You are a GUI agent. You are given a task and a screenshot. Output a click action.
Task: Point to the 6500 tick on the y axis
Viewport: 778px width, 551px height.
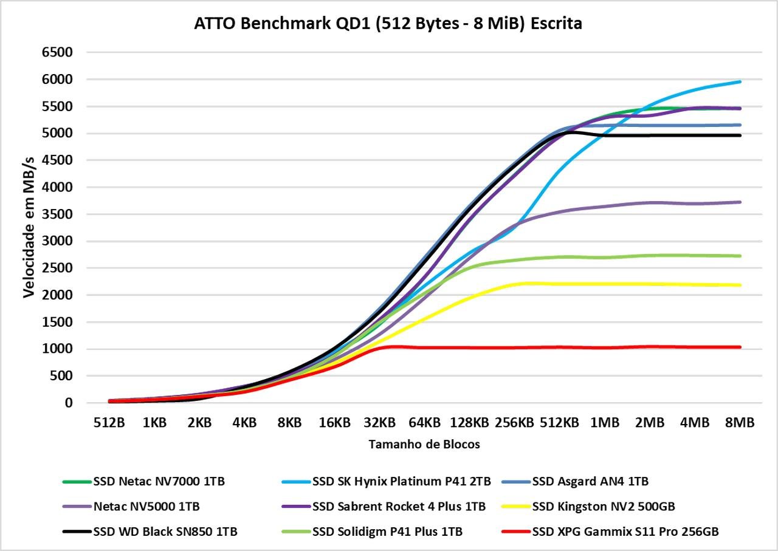point(57,52)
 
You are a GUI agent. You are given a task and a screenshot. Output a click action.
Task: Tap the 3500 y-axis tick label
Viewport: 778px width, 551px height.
point(57,214)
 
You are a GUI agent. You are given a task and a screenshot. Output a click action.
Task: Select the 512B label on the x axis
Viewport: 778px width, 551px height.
point(109,423)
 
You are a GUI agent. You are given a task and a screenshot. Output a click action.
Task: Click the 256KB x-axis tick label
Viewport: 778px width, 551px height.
point(514,423)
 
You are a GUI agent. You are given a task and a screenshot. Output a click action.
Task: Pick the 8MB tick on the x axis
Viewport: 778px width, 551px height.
point(740,423)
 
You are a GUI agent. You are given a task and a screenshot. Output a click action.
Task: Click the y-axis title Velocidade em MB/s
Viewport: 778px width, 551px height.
point(29,227)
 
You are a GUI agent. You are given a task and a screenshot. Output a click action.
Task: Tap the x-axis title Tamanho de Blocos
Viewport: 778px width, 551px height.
point(424,445)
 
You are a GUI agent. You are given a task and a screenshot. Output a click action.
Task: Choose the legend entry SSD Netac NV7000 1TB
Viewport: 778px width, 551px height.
point(144,482)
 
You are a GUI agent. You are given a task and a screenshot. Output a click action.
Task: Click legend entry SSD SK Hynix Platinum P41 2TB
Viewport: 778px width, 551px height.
point(386,482)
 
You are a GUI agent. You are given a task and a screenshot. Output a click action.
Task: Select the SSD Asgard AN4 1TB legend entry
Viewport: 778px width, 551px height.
point(575,482)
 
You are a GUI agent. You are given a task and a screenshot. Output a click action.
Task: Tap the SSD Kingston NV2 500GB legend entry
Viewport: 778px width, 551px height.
point(588,507)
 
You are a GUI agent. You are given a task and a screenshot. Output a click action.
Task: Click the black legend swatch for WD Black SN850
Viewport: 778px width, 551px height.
point(77,532)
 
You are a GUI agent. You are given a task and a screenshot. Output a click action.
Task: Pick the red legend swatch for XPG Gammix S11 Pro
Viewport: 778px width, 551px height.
point(516,532)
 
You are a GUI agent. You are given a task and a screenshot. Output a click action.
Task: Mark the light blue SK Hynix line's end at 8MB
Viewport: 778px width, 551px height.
point(740,82)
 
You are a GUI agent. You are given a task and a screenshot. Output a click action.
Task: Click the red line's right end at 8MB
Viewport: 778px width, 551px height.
point(740,347)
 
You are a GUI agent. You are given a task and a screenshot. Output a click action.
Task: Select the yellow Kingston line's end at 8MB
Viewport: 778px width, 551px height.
point(740,285)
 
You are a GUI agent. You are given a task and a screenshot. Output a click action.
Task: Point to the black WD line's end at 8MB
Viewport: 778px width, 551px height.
point(740,135)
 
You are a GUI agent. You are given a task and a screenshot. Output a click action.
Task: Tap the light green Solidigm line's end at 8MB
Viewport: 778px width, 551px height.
point(740,256)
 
